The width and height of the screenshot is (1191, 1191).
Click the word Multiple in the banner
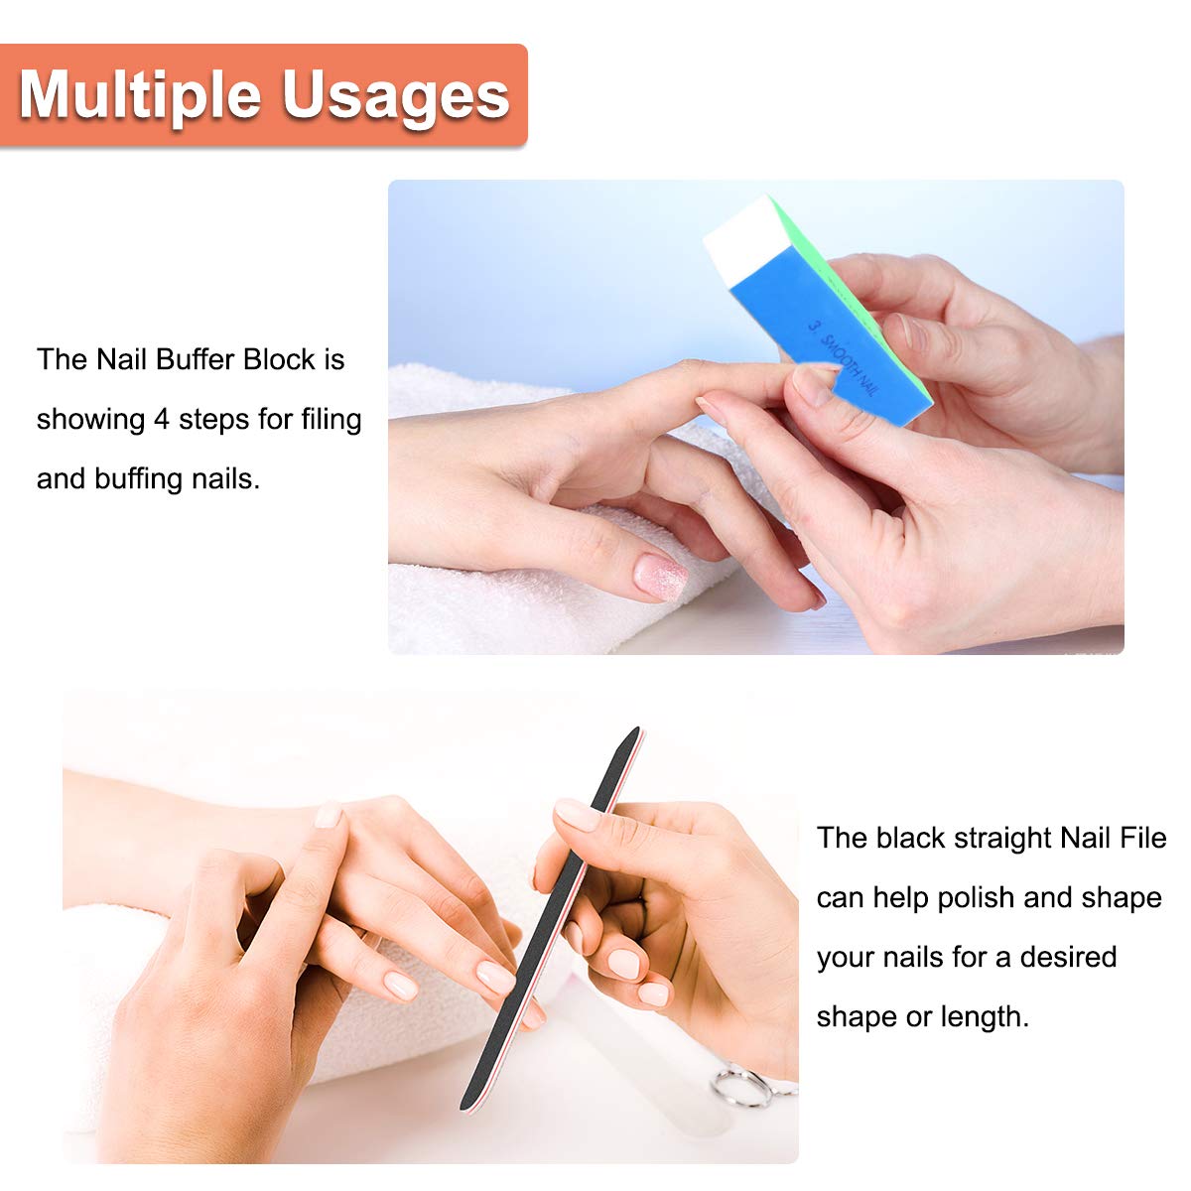(x=140, y=97)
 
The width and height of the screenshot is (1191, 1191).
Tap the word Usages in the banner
(x=396, y=97)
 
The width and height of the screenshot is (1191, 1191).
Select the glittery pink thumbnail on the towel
(x=661, y=577)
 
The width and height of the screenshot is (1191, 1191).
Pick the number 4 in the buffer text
(x=162, y=420)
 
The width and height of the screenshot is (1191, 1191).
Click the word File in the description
(x=1142, y=839)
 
